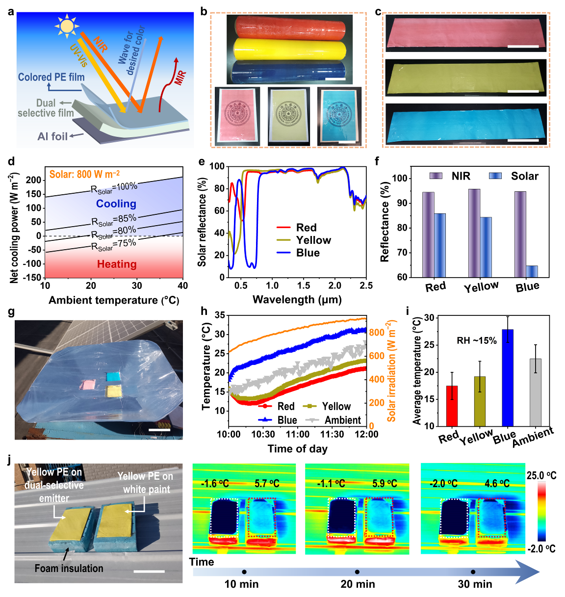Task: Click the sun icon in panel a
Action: (67, 26)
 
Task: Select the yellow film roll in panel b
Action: (289, 49)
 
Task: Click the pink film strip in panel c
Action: (465, 32)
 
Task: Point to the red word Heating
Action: (117, 264)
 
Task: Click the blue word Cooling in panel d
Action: (116, 204)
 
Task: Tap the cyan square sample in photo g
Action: (114, 377)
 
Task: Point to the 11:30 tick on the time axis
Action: (332, 434)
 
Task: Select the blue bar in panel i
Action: (508, 378)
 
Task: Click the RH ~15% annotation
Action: (476, 340)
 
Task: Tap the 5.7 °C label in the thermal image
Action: (267, 484)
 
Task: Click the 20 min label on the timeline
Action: (358, 584)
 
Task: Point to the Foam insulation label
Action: (69, 569)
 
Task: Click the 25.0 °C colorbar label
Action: (541, 475)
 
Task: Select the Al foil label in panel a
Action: (52, 136)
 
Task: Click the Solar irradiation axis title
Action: (391, 371)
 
